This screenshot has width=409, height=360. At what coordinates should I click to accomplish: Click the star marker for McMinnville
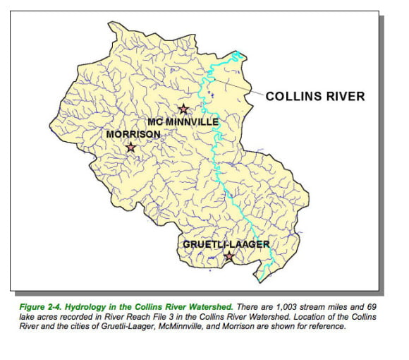click(183, 109)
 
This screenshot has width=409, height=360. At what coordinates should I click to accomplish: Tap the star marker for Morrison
click(130, 148)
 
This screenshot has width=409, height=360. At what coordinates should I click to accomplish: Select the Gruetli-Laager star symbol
click(228, 256)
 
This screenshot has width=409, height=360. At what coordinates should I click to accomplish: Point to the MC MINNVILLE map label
click(183, 122)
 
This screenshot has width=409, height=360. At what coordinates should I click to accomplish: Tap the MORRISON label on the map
click(133, 133)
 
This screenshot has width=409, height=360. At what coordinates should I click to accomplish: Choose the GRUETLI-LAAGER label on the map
click(226, 244)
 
